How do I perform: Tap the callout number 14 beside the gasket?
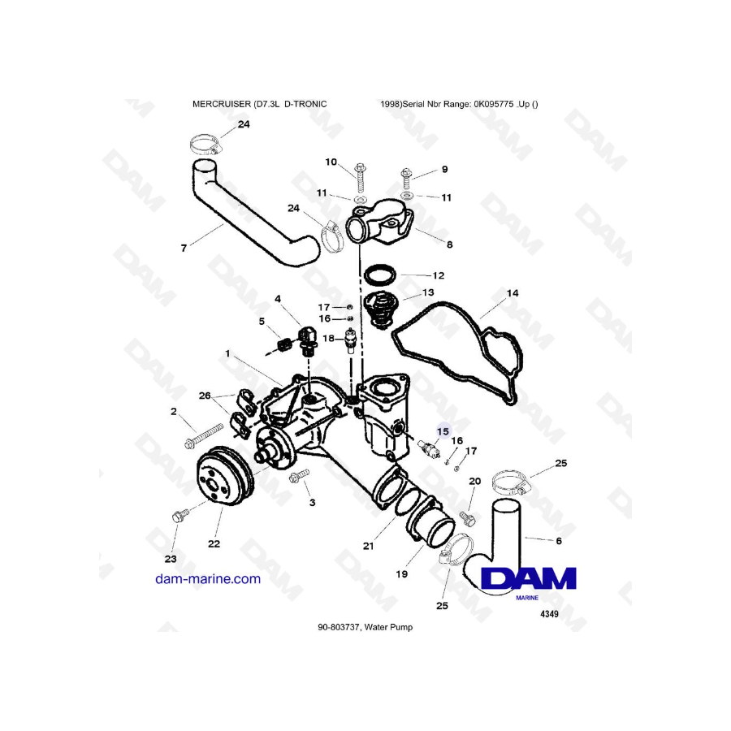[512, 292]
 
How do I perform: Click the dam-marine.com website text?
[208, 579]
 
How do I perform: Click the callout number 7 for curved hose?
[184, 249]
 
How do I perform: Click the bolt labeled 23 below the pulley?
[179, 515]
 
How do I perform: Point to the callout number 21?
[368, 546]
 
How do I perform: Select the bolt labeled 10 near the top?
[359, 172]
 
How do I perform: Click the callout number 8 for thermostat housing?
[449, 243]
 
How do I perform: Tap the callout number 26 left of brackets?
[205, 396]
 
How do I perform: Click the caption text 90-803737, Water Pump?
[365, 627]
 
